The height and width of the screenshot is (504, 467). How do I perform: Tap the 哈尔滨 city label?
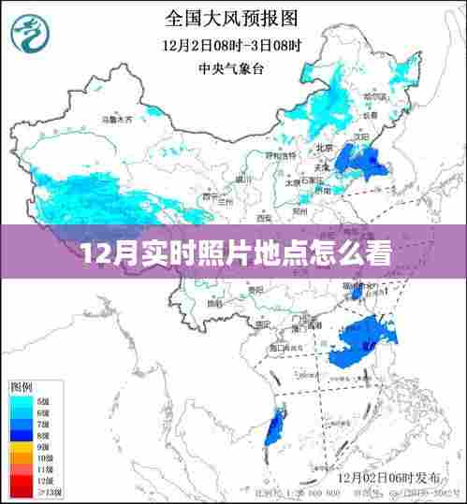tap(373, 96)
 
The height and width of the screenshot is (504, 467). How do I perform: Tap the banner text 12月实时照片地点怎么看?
tap(232, 253)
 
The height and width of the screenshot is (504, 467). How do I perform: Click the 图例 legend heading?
tap(22, 386)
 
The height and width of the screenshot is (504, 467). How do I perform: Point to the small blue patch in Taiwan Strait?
tap(357, 294)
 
